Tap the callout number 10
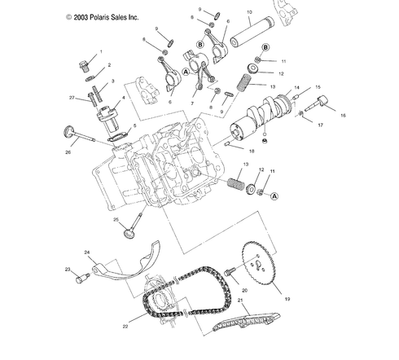248,12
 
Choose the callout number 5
134,126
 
